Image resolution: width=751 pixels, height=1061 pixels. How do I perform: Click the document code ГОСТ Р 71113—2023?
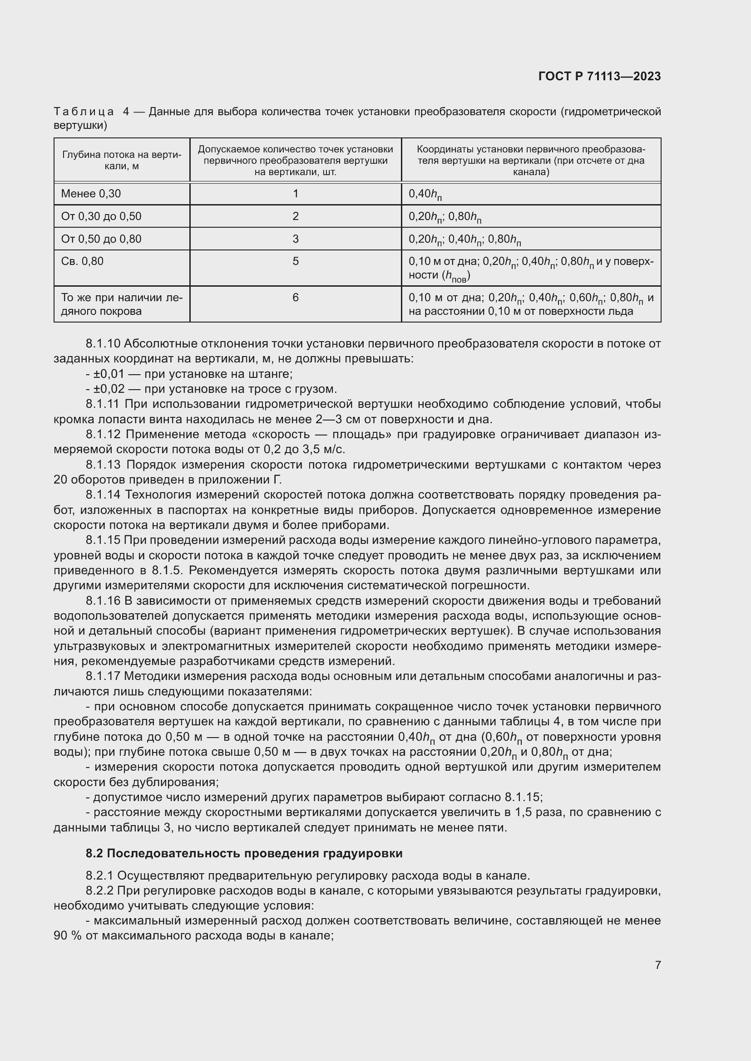pos(599,77)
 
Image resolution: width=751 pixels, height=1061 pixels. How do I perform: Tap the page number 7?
pos(657,965)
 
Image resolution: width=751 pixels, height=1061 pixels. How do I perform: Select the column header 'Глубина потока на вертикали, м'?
pos(122,160)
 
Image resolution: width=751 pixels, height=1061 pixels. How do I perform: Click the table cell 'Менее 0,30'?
pos(91,194)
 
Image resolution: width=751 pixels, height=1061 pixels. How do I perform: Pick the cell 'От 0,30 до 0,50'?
pos(101,216)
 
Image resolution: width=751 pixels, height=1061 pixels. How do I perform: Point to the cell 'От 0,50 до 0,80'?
pos(101,239)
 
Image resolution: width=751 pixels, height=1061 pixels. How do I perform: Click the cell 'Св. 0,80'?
pos(82,262)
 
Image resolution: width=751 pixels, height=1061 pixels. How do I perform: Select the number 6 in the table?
pos(296,298)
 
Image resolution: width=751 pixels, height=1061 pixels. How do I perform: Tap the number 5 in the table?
pos(296,262)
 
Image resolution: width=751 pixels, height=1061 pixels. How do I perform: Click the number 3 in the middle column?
pos(296,239)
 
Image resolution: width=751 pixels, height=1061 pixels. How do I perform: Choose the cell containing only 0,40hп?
pos(425,195)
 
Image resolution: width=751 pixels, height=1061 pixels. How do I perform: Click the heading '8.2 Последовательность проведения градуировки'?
pos(244,853)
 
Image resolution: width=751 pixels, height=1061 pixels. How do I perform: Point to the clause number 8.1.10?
pos(103,343)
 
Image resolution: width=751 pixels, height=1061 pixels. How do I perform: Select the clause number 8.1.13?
pos(103,464)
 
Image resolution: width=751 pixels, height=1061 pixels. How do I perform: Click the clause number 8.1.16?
pos(103,601)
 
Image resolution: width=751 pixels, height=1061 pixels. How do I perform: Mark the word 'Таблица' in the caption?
pos(84,112)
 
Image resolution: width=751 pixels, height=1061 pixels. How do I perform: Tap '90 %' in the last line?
pos(65,936)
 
